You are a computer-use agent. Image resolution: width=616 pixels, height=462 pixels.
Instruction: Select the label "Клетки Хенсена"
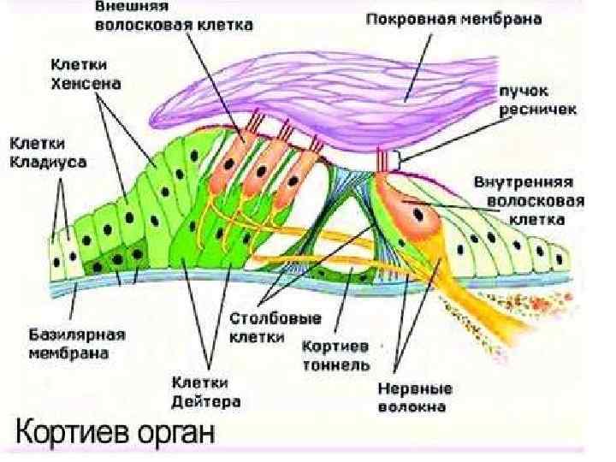tap(86, 74)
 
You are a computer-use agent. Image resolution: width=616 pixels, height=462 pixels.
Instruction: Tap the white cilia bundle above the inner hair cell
tap(383, 159)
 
